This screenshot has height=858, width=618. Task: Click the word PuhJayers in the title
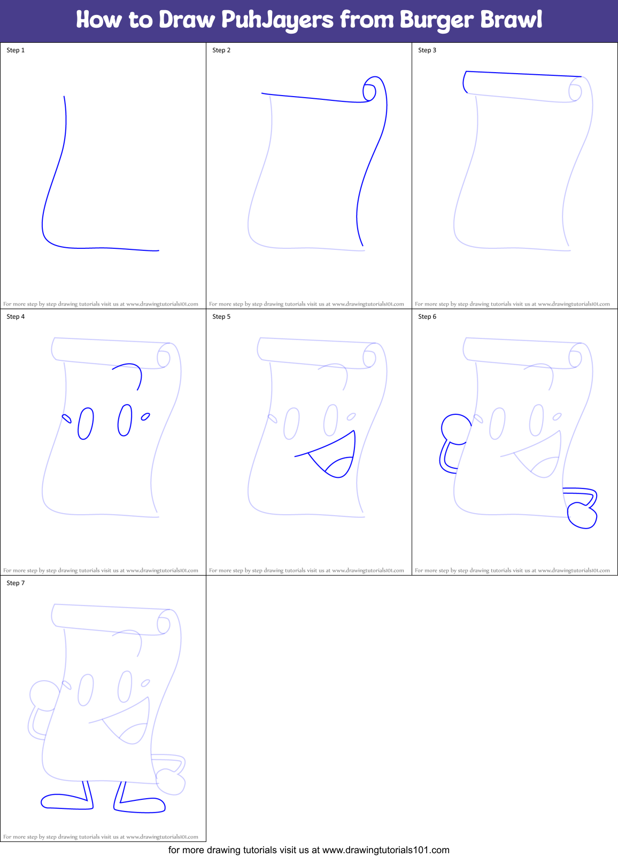[x=277, y=20]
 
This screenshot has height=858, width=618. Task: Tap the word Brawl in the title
[x=511, y=20]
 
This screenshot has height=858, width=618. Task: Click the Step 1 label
[x=16, y=50]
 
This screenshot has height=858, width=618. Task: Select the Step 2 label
[x=221, y=50]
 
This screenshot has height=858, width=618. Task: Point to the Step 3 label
[x=427, y=50]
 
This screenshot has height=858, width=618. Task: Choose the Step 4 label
[x=16, y=317]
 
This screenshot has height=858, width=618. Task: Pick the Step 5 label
[x=221, y=317]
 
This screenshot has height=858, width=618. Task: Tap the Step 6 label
[x=427, y=317]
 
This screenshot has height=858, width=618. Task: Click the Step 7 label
[x=16, y=583]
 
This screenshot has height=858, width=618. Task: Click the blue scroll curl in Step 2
[x=370, y=90]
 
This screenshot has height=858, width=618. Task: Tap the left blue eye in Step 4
[x=86, y=423]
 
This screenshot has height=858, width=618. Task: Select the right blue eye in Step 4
[x=125, y=420]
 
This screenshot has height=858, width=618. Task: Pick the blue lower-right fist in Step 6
[x=582, y=515]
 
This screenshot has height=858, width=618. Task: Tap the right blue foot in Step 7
[x=140, y=805]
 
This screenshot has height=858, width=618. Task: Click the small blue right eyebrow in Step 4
[x=145, y=416]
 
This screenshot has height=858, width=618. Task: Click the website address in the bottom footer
[x=385, y=849]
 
